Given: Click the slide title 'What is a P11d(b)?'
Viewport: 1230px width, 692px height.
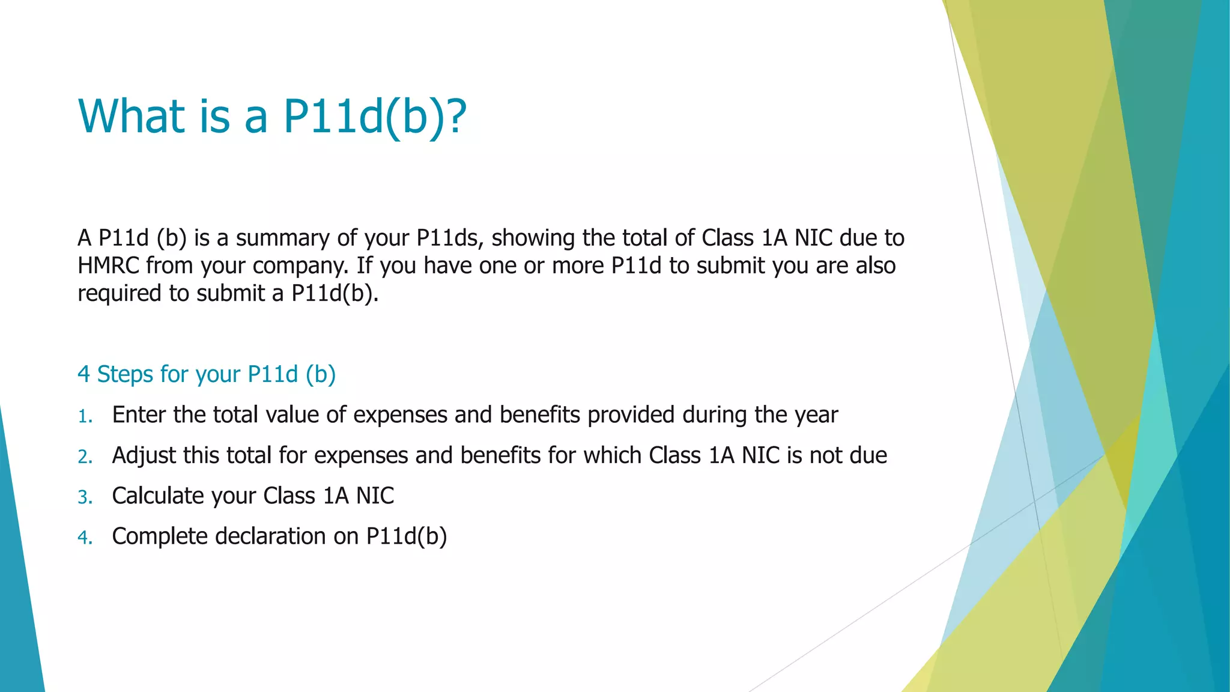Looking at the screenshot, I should pos(272,116).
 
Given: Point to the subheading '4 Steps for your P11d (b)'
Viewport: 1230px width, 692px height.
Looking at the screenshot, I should pos(207,374).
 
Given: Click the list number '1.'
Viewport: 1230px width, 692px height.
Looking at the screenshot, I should pos(85,416).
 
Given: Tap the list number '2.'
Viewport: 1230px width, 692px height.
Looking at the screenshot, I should pos(85,457).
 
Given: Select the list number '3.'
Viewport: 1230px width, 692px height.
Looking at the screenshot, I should pos(85,497).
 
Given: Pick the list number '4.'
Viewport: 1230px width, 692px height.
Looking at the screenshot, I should pos(85,537).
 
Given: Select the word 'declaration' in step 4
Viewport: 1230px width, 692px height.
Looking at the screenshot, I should pos(270,536).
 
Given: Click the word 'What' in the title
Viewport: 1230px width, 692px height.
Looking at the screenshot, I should pos(132,116).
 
